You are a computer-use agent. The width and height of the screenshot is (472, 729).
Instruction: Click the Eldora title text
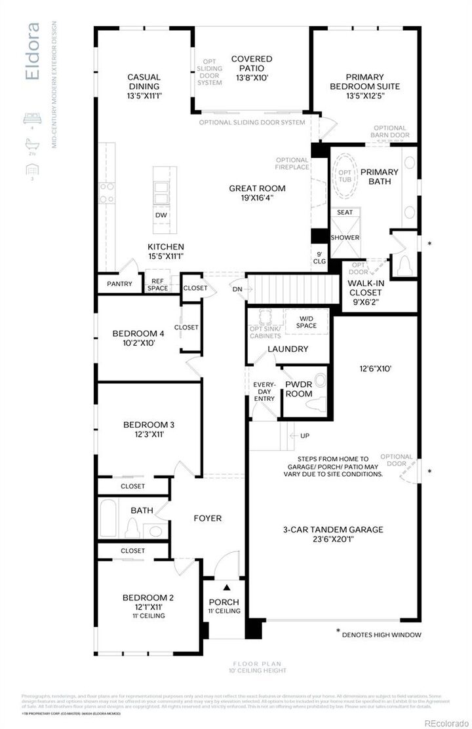tap(32, 52)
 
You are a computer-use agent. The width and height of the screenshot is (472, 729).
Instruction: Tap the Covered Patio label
tap(252, 68)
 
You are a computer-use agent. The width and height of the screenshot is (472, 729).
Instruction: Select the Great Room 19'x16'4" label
tap(257, 193)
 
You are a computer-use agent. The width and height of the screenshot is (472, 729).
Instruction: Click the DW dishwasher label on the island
tap(161, 215)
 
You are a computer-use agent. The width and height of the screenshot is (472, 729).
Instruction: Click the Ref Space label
tap(157, 284)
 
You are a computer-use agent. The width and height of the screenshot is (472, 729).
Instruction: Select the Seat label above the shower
tap(345, 212)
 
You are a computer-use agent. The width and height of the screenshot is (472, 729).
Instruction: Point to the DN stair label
tap(237, 288)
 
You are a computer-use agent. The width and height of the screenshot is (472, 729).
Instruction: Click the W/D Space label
tap(306, 322)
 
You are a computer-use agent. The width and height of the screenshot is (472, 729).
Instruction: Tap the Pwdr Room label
tap(299, 389)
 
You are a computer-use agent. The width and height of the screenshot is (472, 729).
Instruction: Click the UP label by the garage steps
tap(305, 436)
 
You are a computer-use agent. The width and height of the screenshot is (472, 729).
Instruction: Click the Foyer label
tap(207, 518)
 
